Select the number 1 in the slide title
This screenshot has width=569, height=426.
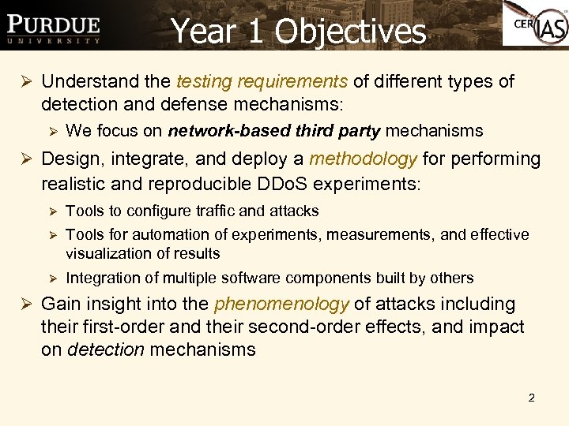pos(254,32)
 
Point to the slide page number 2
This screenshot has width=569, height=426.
pos(531,398)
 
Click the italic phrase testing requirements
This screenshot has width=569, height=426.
pos(262,81)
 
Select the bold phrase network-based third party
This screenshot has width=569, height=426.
pos(275,131)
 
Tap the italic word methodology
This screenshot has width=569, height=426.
pos(363,159)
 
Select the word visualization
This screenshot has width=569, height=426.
pos(108,253)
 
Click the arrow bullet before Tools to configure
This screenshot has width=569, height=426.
pos(52,211)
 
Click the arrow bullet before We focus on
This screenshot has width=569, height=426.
pos(52,131)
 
